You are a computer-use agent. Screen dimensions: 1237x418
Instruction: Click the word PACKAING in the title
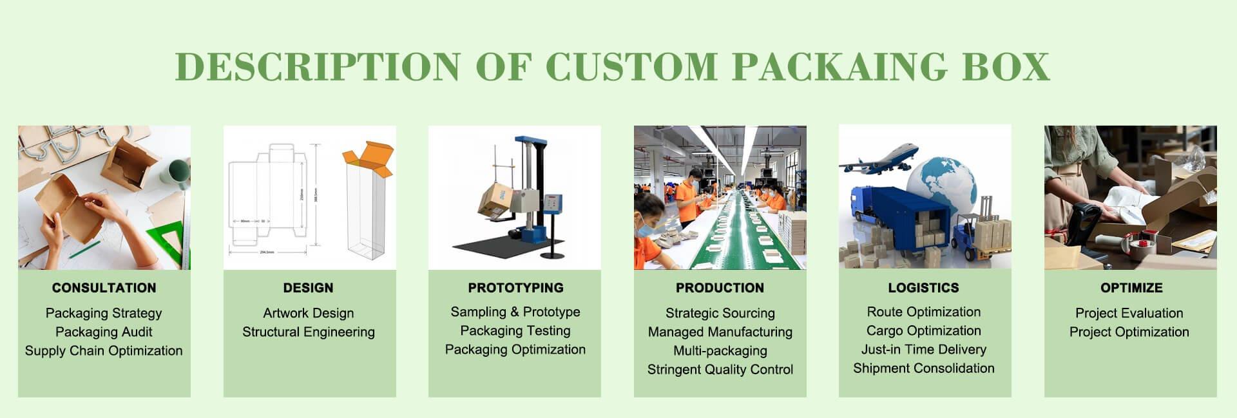(x=839, y=66)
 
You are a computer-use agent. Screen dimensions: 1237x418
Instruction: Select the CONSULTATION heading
(x=104, y=288)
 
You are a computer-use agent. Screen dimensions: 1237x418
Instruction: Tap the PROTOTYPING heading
(x=515, y=288)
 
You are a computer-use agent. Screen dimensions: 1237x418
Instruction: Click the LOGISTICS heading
(x=923, y=288)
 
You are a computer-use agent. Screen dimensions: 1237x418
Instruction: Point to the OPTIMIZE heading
(x=1131, y=288)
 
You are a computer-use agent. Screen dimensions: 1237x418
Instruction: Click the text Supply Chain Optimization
(x=104, y=351)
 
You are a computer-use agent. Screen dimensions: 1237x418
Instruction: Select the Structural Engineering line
(x=309, y=332)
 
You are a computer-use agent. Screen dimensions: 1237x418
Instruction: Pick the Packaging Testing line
(x=515, y=331)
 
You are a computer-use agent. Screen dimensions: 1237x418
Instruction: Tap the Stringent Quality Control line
(x=720, y=370)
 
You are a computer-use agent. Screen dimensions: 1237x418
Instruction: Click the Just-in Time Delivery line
(x=924, y=350)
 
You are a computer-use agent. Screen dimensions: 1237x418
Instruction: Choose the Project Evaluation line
(x=1129, y=314)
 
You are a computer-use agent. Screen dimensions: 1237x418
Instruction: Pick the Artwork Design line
(x=309, y=314)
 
